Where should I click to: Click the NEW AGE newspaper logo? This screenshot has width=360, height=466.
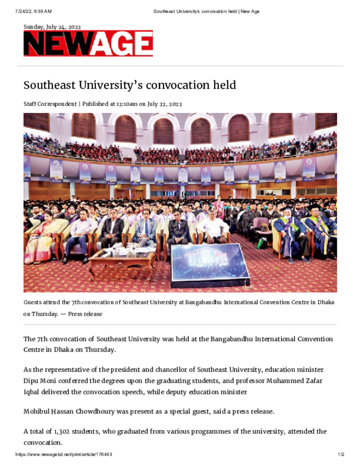pyautogui.click(x=88, y=44)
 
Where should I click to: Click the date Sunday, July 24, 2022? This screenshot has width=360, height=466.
pyautogui.click(x=52, y=27)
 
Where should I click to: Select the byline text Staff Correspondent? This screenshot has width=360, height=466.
pyautogui.click(x=50, y=104)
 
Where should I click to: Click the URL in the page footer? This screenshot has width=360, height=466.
pyautogui.click(x=64, y=455)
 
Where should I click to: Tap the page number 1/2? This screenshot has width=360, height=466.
pyautogui.click(x=341, y=455)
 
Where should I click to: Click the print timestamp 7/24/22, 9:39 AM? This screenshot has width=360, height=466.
pyautogui.click(x=33, y=11)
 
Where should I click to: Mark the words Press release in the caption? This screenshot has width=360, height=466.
pyautogui.click(x=85, y=314)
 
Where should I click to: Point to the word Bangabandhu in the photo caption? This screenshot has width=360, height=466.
pyautogui.click(x=210, y=302)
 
